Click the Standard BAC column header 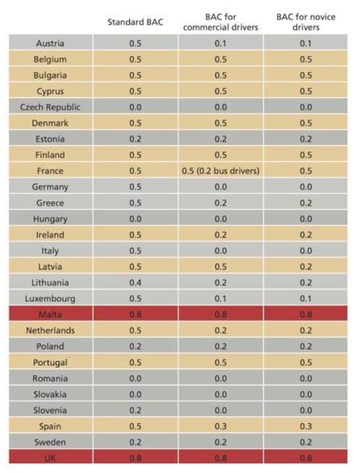pos(135,22)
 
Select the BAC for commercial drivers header pos(220,22)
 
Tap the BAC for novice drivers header pos(306,22)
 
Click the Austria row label pos(50,43)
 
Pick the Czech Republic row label pos(50,107)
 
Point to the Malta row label pos(50,315)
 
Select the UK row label pos(50,458)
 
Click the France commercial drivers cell pos(220,170)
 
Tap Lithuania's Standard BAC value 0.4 pos(135,283)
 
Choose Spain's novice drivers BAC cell pos(306,426)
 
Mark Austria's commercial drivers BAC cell pos(220,43)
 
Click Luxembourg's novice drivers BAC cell pos(306,299)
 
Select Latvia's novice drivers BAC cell pos(306,267)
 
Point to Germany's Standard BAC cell pos(135,186)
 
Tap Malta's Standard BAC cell pos(135,315)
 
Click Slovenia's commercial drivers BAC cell pos(220,410)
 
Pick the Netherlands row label pos(50,331)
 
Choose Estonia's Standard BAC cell pos(135,139)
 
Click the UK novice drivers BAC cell pos(306,458)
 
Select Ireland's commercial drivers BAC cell pos(220,235)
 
